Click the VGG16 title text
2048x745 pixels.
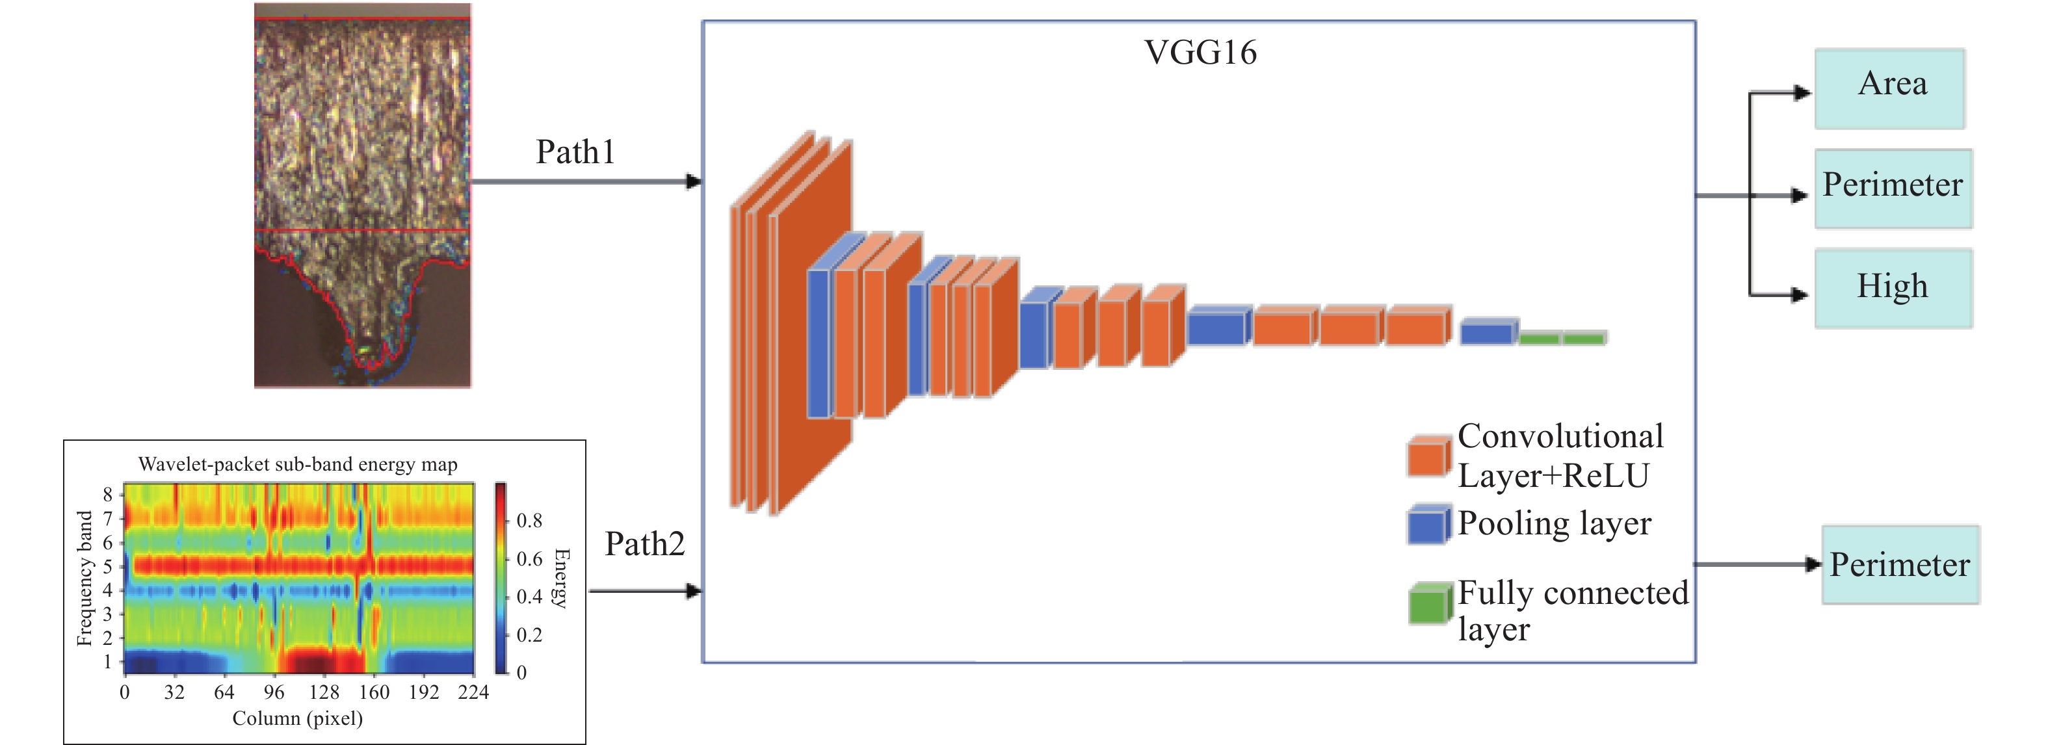1200,53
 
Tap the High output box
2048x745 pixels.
1892,288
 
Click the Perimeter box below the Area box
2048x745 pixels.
1892,189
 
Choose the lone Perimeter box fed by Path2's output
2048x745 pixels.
1899,564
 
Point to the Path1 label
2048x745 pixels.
575,152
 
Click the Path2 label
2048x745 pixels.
644,544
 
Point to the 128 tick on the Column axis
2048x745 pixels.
324,692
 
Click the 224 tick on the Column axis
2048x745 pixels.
473,692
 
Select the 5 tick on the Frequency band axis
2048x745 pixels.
107,567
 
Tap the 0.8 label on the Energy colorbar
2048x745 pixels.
529,521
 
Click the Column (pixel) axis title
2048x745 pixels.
297,719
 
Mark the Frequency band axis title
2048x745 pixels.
85,578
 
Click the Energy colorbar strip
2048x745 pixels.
500,577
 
